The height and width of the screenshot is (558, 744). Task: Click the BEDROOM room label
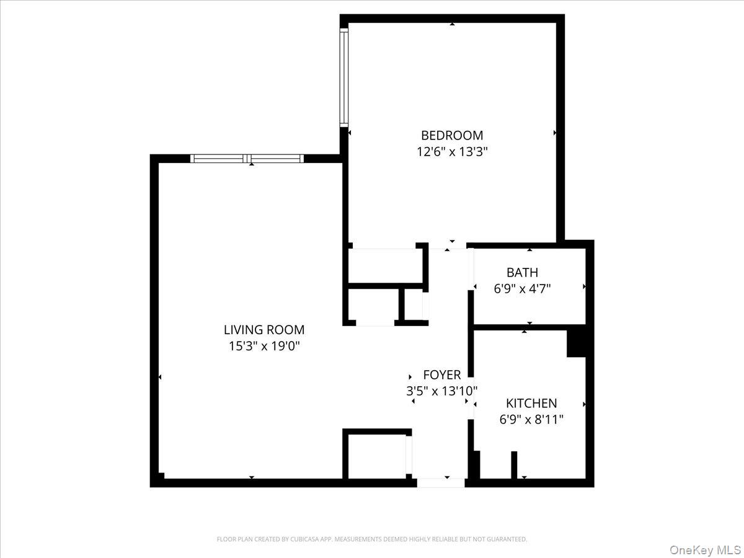coord(451,135)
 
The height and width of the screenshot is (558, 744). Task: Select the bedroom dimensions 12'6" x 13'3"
coord(451,152)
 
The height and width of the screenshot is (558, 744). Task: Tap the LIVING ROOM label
coord(264,330)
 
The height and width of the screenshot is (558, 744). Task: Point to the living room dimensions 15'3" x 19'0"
coord(264,347)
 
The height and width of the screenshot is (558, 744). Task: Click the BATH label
coord(522,272)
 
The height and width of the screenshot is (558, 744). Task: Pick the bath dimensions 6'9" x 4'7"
coord(522,288)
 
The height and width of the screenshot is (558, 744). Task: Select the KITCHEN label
coord(531,403)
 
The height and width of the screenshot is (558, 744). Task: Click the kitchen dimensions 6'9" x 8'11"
coord(531,420)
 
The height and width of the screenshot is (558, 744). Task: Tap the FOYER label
coord(442,374)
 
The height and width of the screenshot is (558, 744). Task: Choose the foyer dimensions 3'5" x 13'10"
coord(442,391)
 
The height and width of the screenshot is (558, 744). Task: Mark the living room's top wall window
coord(247,159)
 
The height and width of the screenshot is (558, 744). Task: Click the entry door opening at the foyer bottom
coord(440,482)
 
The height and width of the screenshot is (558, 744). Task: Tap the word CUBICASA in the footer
coord(304,539)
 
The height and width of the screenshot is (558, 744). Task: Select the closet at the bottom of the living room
coord(376,456)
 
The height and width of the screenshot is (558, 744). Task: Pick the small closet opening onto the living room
coord(373,305)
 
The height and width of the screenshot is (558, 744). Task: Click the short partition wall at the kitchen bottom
coord(514,464)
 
